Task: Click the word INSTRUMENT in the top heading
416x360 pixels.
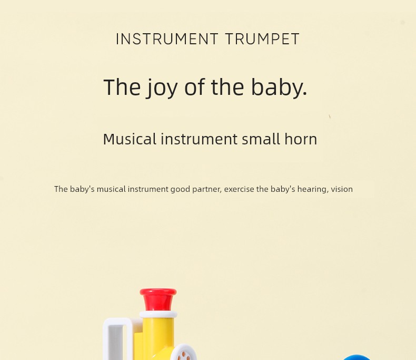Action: [167, 39]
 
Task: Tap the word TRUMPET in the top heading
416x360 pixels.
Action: [263, 39]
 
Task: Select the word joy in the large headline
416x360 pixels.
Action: [162, 88]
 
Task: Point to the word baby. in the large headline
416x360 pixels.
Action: [279, 87]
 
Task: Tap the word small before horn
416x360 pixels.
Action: [261, 139]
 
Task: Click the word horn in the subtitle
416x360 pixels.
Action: [301, 139]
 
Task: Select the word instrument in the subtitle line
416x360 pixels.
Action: [199, 139]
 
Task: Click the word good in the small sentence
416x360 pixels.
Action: [180, 190]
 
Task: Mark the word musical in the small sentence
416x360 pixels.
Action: [111, 189]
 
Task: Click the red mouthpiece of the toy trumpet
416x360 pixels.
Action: [158, 299]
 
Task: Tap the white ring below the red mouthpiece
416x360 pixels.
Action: [158, 314]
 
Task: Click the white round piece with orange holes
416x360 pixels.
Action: [183, 353]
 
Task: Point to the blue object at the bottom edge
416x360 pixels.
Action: [357, 357]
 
